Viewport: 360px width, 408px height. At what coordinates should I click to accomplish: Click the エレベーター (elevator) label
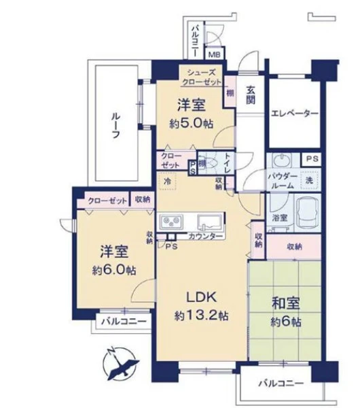point(295,113)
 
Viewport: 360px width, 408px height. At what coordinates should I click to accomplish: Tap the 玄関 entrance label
point(251,95)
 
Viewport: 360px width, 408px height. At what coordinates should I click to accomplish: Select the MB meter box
point(215,54)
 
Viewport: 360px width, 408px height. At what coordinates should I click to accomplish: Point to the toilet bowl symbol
point(211,163)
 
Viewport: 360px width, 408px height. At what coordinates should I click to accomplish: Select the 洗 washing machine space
point(309,180)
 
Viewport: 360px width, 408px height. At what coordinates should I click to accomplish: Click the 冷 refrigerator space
point(167,181)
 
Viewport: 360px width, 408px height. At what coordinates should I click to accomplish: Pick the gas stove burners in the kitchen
point(171,222)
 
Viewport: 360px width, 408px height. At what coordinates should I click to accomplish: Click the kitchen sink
point(209,222)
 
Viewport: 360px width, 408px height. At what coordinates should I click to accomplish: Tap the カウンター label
point(206,237)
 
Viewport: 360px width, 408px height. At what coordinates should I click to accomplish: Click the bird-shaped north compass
point(120,364)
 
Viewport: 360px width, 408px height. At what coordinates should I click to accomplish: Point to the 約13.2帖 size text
point(202,316)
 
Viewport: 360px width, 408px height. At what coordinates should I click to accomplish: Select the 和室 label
point(286,303)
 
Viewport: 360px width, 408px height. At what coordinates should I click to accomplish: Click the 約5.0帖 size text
point(192,124)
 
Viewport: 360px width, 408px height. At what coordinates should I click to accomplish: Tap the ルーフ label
point(116,126)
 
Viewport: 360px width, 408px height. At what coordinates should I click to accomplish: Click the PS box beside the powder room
point(312,158)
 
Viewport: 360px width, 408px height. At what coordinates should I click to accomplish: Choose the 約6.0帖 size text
point(114,271)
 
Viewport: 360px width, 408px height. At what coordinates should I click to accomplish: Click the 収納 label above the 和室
point(295,246)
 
